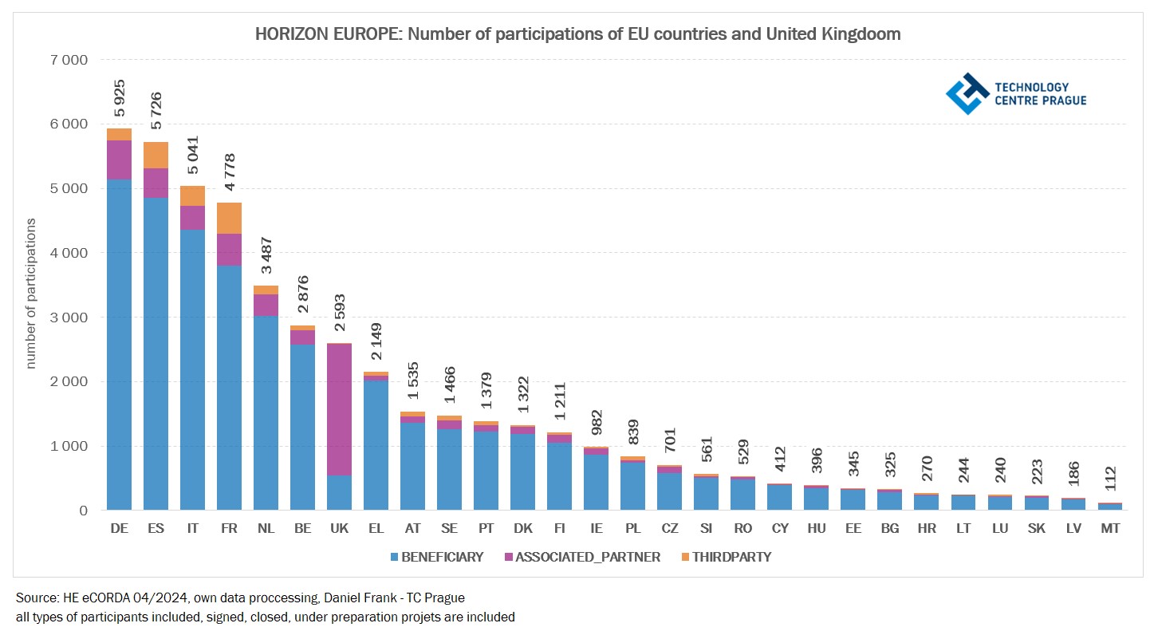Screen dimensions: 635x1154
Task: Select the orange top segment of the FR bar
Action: pyautogui.click(x=229, y=218)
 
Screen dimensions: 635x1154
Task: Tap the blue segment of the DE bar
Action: pyautogui.click(x=119, y=343)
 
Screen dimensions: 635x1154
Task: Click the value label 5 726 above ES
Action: pyautogui.click(x=156, y=111)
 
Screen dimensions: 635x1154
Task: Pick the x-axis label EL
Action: pyautogui.click(x=376, y=529)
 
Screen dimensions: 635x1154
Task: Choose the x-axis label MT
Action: pyautogui.click(x=1109, y=529)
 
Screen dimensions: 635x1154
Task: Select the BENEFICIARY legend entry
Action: pyautogui.click(x=437, y=558)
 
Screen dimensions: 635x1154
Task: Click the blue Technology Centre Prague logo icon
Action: pyautogui.click(x=967, y=93)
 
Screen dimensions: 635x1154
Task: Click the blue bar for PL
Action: pyautogui.click(x=632, y=486)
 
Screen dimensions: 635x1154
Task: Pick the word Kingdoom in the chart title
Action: pyautogui.click(x=865, y=34)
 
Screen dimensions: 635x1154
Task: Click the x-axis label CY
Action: pyautogui.click(x=779, y=529)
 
